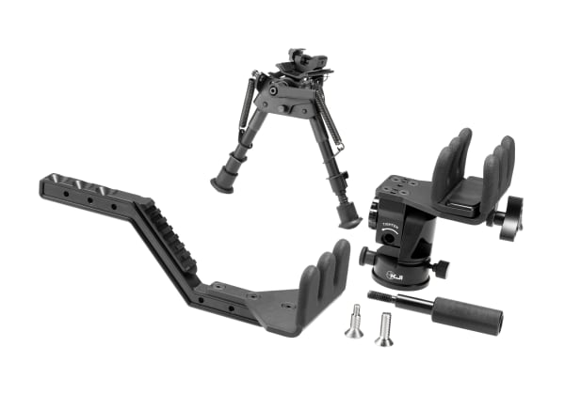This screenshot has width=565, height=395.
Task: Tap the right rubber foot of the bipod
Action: (x=348, y=217)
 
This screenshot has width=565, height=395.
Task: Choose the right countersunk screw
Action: (x=384, y=328)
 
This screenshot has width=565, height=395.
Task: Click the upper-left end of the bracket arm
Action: (x=56, y=186)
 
